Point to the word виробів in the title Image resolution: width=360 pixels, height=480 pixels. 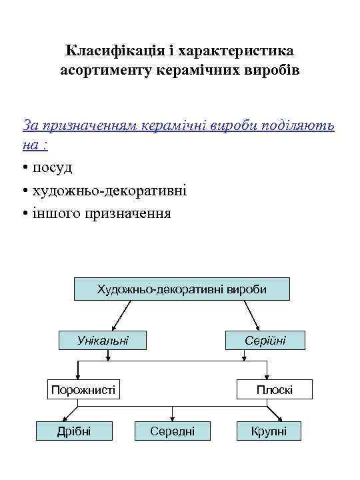[x=274, y=69]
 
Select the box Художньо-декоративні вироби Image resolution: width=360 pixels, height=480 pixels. [x=181, y=290]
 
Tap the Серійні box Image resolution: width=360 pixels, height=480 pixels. [x=265, y=341]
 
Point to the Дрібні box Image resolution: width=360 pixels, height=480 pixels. [x=74, y=431]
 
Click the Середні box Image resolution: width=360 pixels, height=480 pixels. [x=173, y=431]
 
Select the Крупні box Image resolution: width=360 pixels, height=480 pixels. [x=269, y=431]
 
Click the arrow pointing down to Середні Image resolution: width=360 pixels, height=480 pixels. [x=173, y=413]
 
